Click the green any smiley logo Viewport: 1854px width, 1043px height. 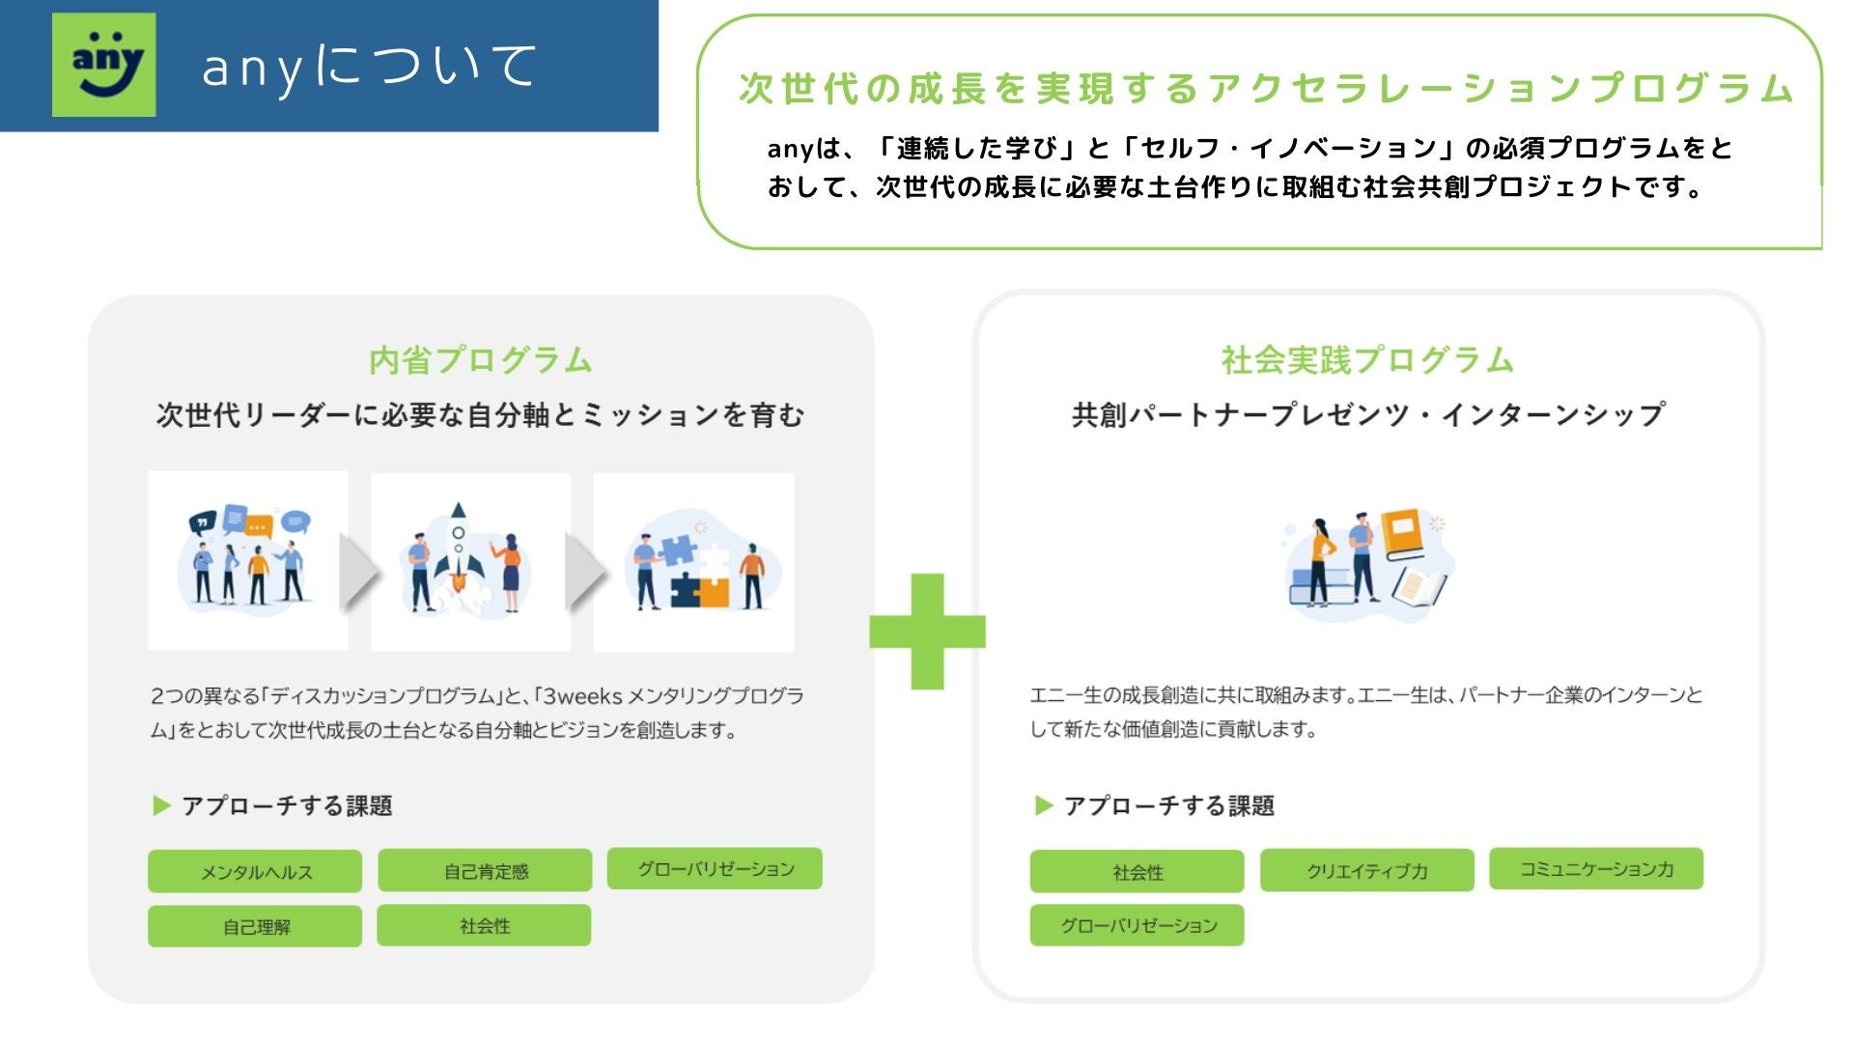[104, 65]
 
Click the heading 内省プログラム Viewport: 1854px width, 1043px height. [481, 360]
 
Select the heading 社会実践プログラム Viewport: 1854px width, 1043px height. [1367, 360]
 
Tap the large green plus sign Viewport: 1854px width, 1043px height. [927, 632]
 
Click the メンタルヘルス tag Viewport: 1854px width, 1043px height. [255, 871]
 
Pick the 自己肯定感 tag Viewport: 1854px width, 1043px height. [485, 870]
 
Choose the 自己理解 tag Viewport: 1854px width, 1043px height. [255, 926]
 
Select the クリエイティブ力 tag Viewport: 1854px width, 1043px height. [1366, 870]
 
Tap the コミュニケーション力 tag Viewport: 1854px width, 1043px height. [1596, 868]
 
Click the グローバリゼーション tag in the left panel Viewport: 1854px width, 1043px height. [715, 868]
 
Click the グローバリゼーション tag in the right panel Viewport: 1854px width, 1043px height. [1138, 925]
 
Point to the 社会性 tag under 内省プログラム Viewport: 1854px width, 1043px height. [484, 925]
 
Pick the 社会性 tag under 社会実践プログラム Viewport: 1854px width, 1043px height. [1138, 871]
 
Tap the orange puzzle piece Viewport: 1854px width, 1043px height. [713, 590]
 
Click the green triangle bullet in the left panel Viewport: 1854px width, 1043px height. [161, 805]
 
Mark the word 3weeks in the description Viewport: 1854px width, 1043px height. [582, 695]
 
